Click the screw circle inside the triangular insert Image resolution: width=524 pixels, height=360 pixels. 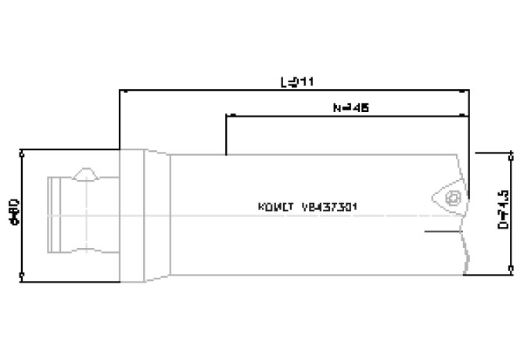(451, 199)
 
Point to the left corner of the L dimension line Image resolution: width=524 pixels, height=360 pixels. (119, 91)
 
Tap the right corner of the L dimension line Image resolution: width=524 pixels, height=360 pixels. (468, 91)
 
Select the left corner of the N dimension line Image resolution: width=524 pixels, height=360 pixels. (225, 116)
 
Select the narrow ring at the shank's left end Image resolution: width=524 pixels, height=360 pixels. (55, 213)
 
